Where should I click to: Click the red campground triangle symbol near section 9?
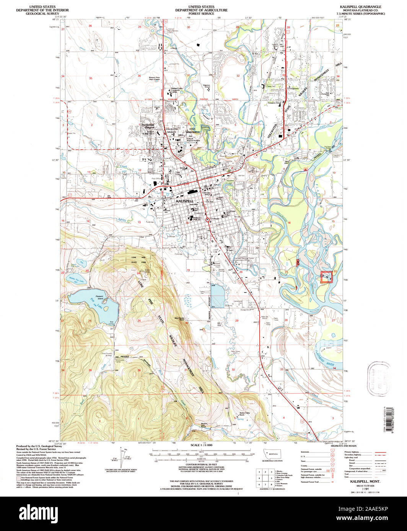click(x=306, y=168)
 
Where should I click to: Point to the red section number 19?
click(x=188, y=270)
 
